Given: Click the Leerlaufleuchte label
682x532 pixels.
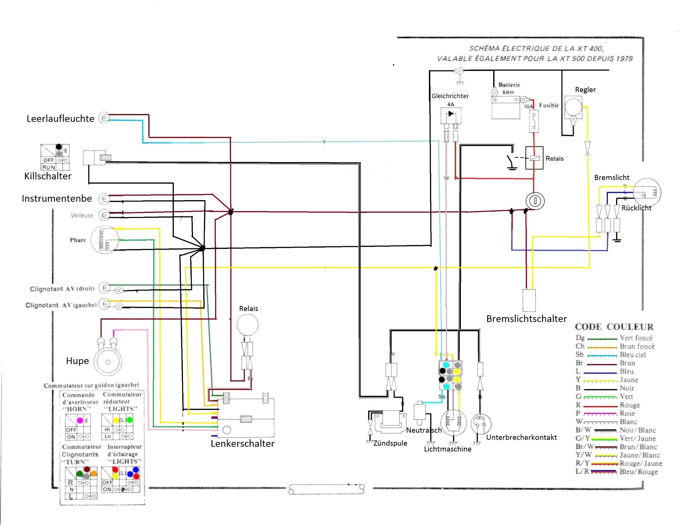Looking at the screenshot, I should coord(60,119).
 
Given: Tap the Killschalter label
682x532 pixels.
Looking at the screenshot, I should coord(48,176).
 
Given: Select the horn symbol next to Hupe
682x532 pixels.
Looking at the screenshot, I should coord(108,362).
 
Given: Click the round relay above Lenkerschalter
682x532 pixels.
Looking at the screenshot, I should coord(247,325).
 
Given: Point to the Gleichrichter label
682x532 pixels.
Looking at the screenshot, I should coord(450,96).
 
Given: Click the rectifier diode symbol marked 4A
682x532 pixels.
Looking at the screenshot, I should coord(451,114).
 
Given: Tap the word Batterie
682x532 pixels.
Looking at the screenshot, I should coord(509,85).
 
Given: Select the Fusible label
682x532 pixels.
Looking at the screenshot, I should coord(549,105).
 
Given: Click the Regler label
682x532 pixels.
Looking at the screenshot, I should coord(585,90).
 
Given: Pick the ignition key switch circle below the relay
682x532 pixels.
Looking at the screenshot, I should coord(535,201).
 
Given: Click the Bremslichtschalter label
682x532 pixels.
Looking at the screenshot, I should coord(526,319).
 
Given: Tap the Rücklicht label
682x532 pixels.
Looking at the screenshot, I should coord(636,208).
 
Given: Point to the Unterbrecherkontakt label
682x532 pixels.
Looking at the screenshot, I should coord(521,437).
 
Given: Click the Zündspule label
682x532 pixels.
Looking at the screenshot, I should coord(390,443).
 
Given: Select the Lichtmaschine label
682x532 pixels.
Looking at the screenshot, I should coord(447,449).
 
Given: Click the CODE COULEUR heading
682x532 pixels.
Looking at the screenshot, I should coord(614,327).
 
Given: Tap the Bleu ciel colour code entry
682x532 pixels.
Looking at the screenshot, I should coord(632,355).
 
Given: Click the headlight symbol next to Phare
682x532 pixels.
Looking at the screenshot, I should coord(105,240).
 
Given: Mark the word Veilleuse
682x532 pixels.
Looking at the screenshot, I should coord(82,215).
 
